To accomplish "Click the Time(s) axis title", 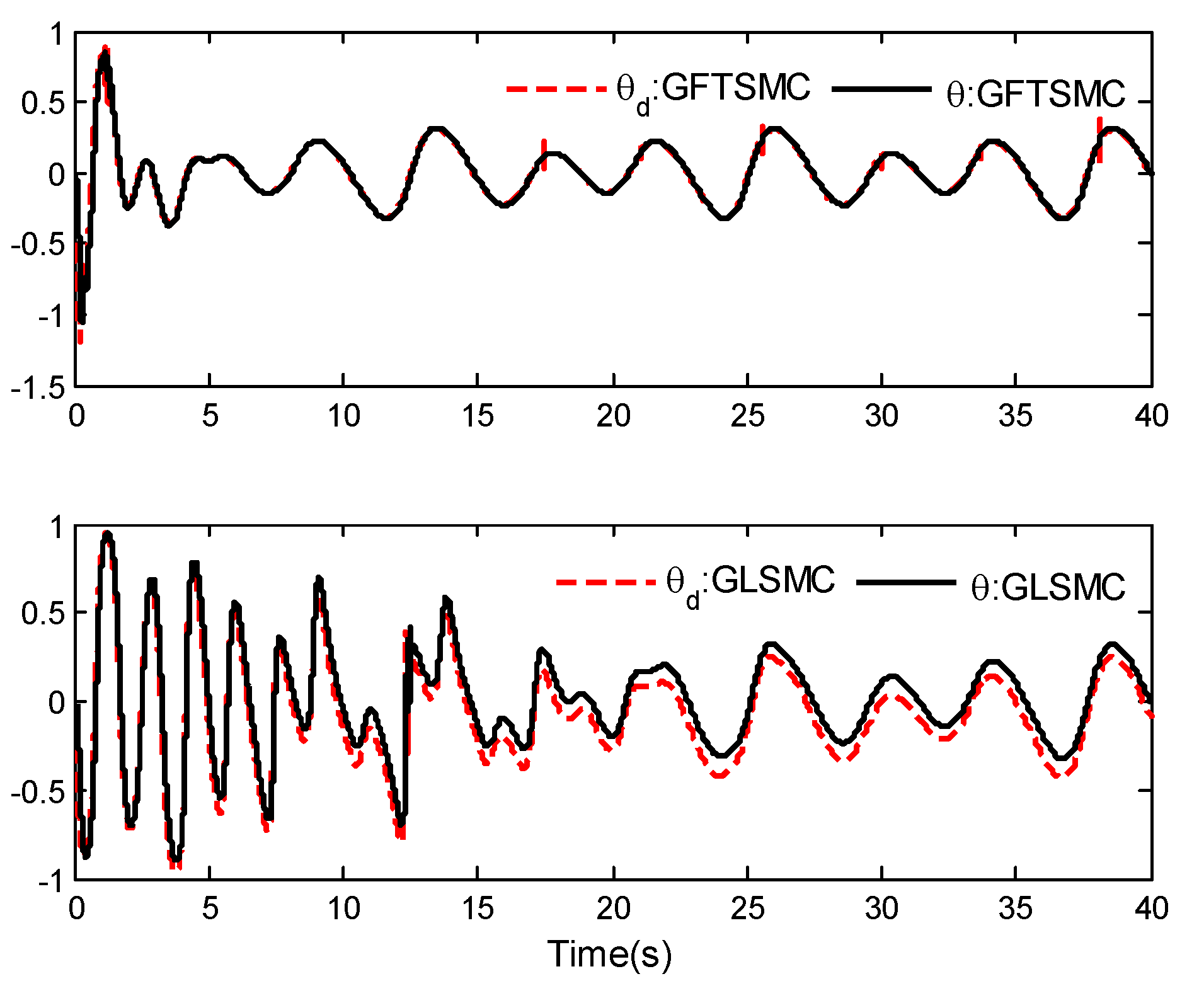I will pyautogui.click(x=609, y=954).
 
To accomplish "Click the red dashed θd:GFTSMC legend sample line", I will pyautogui.click(x=556, y=89).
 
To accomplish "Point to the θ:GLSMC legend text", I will pyautogui.click(x=1047, y=587).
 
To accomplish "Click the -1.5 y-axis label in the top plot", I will pyautogui.click(x=38, y=387).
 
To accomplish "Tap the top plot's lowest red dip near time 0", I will pyautogui.click(x=80, y=340).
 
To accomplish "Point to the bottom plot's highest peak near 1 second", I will pyautogui.click(x=107, y=534).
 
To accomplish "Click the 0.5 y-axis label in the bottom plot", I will pyautogui.click(x=43, y=614).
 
